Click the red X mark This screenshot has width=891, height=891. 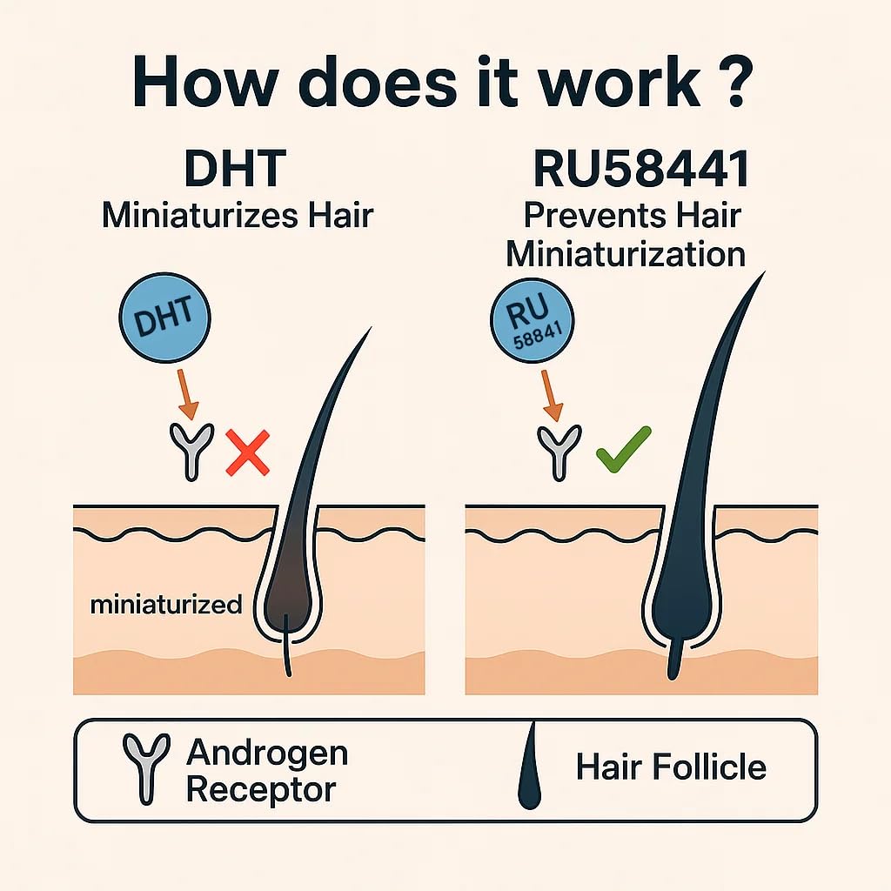click(x=247, y=453)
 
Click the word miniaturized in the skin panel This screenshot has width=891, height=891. click(x=165, y=604)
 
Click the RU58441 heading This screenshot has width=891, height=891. click(x=641, y=171)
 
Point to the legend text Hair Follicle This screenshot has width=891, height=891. click(x=671, y=767)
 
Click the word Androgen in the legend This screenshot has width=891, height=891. click(x=267, y=752)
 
